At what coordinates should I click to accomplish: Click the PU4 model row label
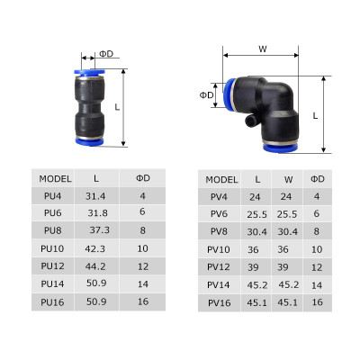click(51, 195)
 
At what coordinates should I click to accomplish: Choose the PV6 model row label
click(219, 213)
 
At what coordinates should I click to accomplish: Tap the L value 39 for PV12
click(257, 266)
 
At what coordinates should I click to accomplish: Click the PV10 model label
click(219, 249)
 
